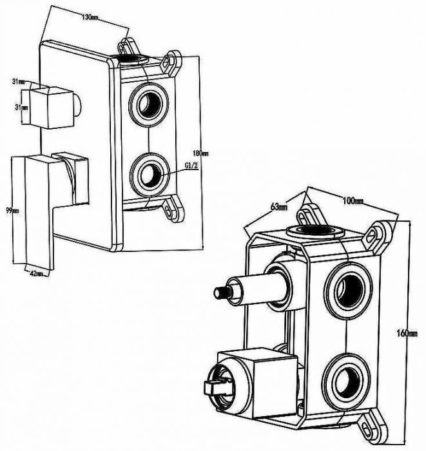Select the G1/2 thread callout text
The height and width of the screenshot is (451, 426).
click(191, 166)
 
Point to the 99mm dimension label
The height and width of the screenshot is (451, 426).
click(12, 210)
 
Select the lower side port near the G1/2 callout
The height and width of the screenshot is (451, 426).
click(150, 173)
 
